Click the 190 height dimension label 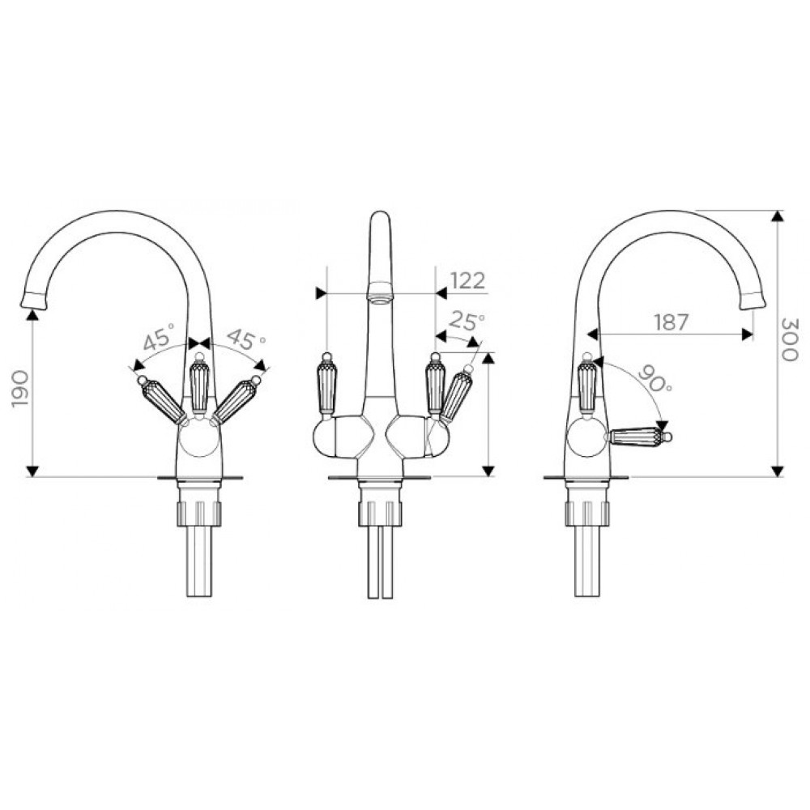click(21, 388)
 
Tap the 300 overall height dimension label click(789, 339)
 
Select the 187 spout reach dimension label click(671, 322)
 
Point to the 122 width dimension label click(468, 280)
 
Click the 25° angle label click(467, 321)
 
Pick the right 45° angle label click(246, 339)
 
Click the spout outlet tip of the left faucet click(33, 301)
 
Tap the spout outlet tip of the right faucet click(753, 301)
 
